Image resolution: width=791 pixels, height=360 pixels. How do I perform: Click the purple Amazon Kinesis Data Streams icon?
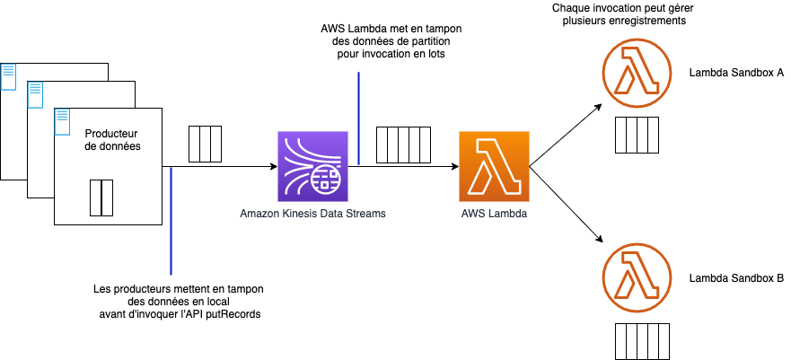[x=313, y=166]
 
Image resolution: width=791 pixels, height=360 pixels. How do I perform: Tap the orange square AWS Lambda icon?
[x=494, y=166]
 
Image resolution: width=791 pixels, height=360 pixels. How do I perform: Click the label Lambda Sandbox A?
[x=736, y=73]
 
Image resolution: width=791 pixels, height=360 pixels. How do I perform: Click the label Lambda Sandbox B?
[x=736, y=279]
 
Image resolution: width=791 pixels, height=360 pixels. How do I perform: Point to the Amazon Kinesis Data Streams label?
[x=313, y=214]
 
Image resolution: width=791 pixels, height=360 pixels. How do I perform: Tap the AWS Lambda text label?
[x=494, y=214]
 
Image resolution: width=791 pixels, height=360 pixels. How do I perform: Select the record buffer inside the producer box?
[x=101, y=198]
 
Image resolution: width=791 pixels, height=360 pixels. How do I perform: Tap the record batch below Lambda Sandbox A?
[x=638, y=135]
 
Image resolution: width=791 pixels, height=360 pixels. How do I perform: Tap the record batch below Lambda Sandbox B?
[x=643, y=340]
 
